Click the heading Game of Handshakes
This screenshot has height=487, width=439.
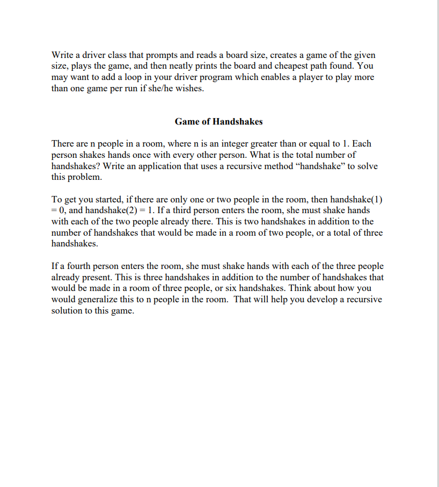tap(218, 121)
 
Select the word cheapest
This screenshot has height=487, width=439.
tap(295, 66)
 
